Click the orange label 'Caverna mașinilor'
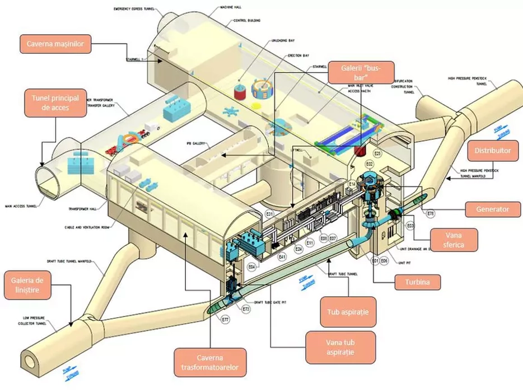point(55,44)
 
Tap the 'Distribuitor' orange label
point(493,151)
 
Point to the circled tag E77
point(225,319)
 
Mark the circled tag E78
point(431,213)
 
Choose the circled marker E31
point(269,214)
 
